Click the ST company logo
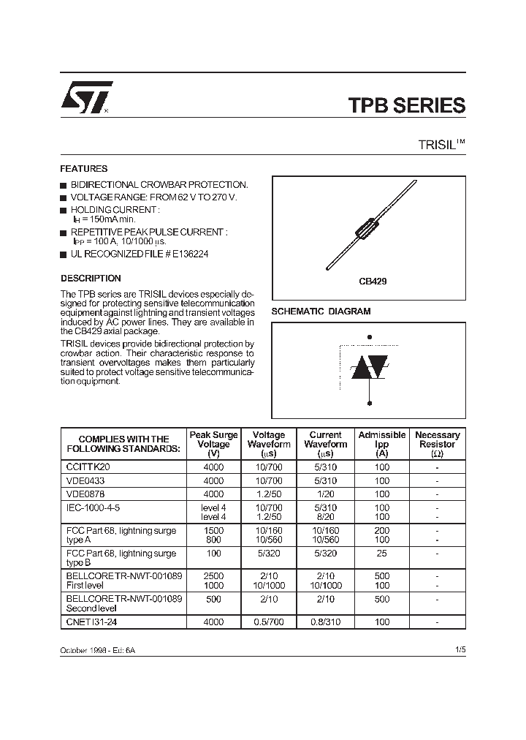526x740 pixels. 85,98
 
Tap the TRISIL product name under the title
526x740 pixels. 434,145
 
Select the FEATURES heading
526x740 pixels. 84,168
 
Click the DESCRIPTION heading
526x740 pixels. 91,279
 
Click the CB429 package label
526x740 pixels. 372,280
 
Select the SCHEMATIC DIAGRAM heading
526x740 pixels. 321,311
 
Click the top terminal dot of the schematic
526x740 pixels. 370,337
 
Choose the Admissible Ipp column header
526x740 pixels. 381,444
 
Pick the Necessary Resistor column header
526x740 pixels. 437,444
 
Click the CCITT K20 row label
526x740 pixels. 89,467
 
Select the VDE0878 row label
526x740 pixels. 85,494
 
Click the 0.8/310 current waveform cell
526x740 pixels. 325,624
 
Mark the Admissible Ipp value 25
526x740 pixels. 381,554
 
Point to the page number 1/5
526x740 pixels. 459,650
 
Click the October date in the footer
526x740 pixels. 75,650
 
